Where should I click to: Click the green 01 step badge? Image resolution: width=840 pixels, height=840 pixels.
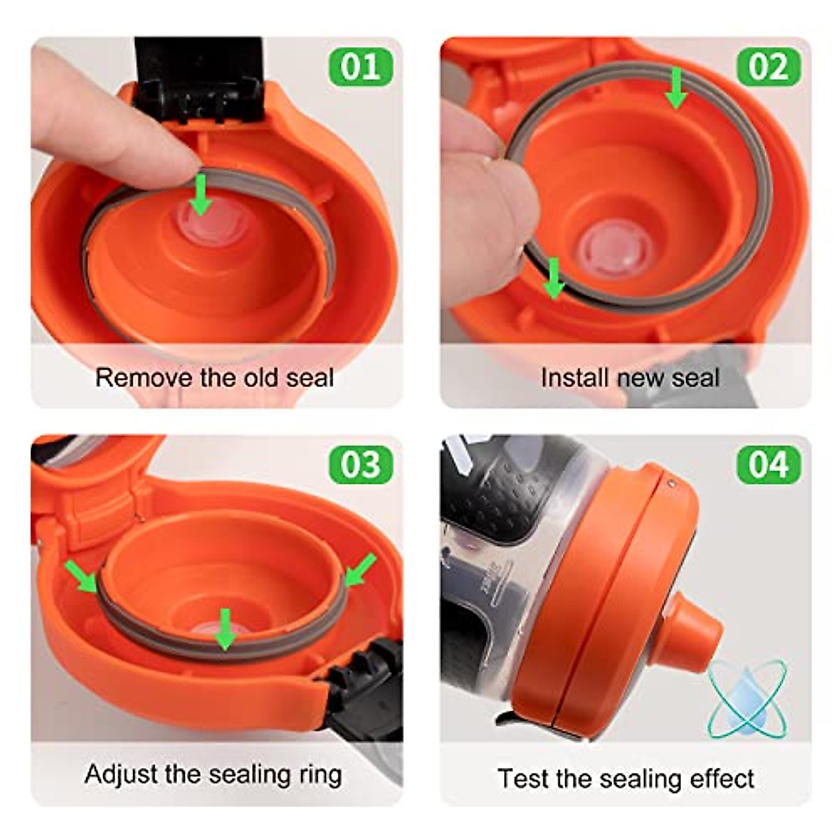click(360, 67)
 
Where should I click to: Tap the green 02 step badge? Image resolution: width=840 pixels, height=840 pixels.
click(769, 67)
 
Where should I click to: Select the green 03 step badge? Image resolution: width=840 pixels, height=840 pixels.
click(360, 465)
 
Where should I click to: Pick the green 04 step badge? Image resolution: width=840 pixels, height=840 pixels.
click(769, 465)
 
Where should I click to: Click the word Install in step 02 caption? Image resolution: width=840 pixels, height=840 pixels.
click(574, 378)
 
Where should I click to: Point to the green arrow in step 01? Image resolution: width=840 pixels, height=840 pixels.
click(202, 195)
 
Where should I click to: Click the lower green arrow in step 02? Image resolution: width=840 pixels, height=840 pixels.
click(554, 278)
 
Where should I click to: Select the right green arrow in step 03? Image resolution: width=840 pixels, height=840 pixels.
click(360, 568)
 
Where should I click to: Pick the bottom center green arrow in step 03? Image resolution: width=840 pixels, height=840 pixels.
click(225, 628)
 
